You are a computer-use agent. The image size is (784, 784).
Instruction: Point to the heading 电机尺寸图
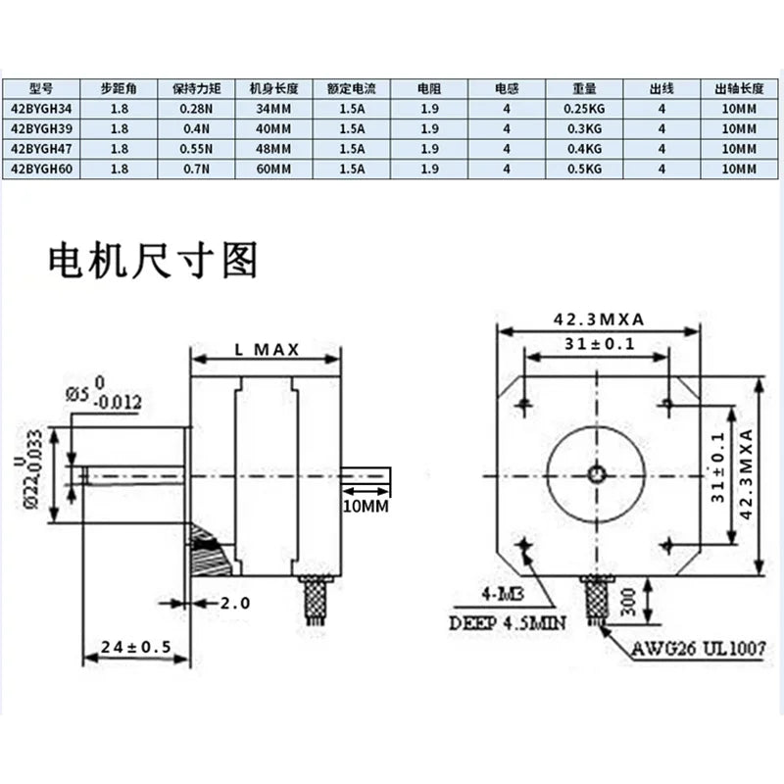click(x=153, y=261)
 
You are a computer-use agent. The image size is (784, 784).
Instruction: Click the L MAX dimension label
click(x=267, y=350)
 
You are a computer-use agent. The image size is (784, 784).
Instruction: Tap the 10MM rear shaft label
click(x=365, y=506)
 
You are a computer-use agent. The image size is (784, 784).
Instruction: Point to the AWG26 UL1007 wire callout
click(x=698, y=648)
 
